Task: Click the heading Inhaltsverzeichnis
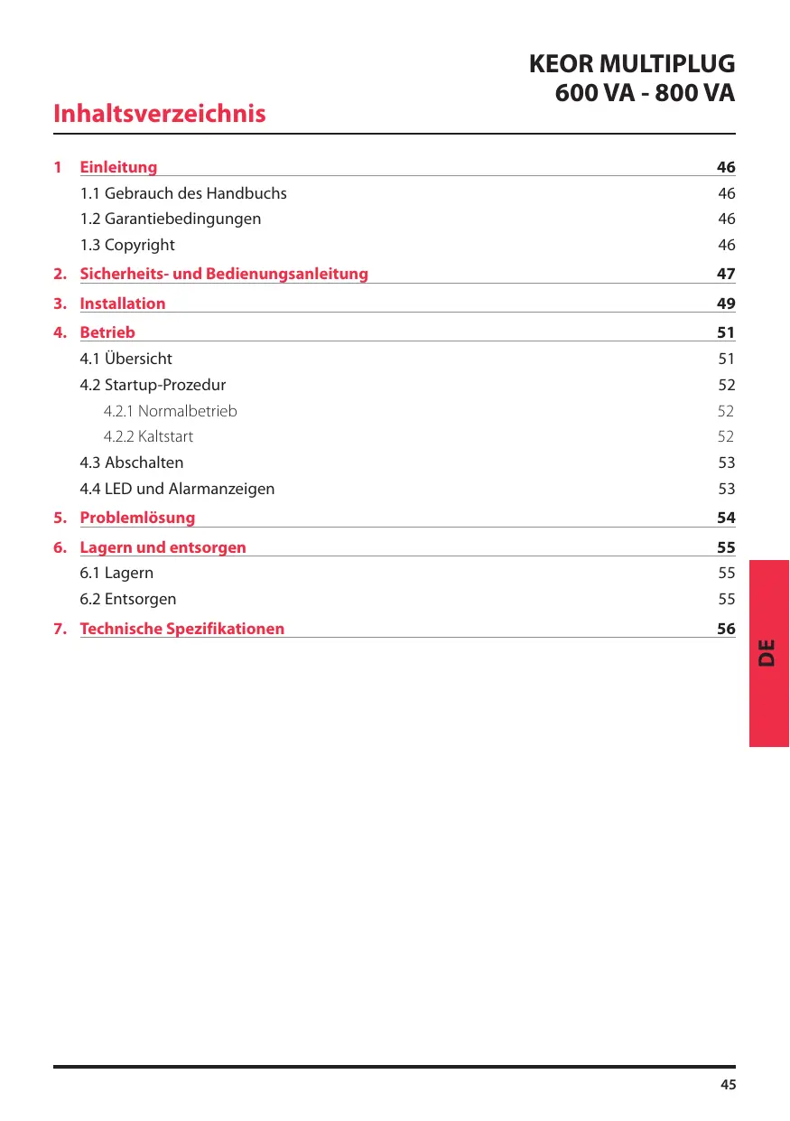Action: click(160, 114)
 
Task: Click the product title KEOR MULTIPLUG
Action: click(631, 65)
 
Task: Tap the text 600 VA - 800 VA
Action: click(644, 93)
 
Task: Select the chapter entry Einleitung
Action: click(118, 167)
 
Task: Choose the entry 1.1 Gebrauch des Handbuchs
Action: click(183, 193)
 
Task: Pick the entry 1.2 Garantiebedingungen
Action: click(171, 219)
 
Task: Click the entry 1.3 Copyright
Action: click(127, 245)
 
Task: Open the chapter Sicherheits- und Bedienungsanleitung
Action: click(224, 274)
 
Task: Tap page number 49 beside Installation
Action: click(726, 304)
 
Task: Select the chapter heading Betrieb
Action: click(107, 332)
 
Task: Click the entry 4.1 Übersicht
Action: click(126, 359)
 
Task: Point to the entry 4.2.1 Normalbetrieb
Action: click(171, 411)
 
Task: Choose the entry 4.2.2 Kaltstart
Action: click(148, 436)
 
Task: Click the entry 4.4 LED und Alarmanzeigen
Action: click(177, 489)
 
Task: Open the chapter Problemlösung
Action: click(137, 518)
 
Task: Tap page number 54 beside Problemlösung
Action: click(726, 518)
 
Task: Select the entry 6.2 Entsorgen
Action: click(128, 599)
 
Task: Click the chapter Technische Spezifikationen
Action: click(182, 629)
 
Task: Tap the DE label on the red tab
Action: click(767, 652)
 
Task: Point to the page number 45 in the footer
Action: click(728, 1085)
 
